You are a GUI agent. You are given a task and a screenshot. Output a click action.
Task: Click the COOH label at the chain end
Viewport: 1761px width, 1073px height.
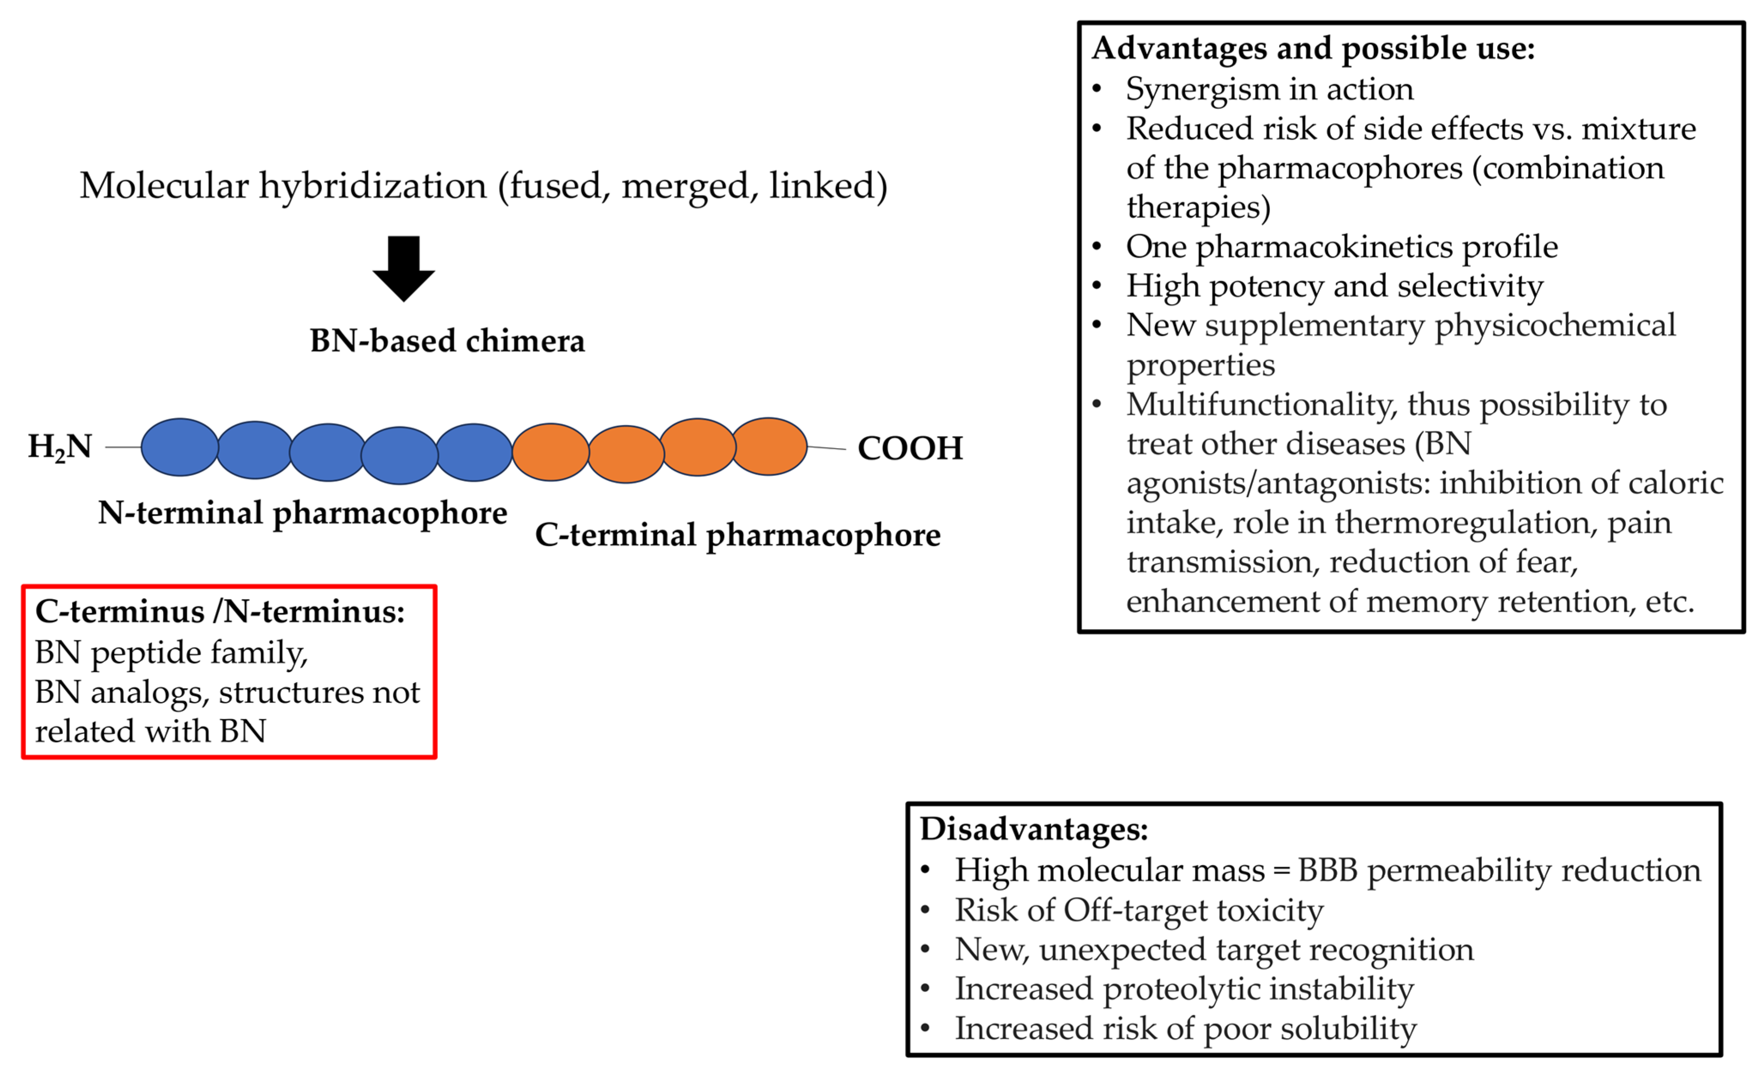[910, 448]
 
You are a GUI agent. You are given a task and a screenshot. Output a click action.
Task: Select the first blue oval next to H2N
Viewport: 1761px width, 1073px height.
[179, 447]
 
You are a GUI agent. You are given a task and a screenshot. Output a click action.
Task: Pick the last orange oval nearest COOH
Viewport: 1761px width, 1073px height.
[769, 446]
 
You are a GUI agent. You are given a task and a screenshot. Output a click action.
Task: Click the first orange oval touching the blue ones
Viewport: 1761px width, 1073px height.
[550, 452]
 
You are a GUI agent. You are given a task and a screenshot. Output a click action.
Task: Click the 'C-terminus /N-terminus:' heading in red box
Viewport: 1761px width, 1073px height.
[220, 612]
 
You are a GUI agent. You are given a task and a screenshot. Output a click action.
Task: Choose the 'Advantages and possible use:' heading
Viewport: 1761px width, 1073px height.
[1313, 48]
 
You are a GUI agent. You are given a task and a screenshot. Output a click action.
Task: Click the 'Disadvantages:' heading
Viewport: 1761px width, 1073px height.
[1034, 829]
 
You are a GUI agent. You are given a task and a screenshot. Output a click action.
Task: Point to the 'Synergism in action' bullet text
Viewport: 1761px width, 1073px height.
[1269, 89]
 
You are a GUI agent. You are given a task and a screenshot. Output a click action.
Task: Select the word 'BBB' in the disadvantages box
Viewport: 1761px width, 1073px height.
[1327, 871]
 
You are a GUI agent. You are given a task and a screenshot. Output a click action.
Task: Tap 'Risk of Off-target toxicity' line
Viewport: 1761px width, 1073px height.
[1139, 910]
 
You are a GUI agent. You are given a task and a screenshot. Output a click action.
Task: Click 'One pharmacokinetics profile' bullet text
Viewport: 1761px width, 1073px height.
[1342, 247]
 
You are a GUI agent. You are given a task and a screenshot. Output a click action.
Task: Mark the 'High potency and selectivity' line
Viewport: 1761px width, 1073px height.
[1334, 286]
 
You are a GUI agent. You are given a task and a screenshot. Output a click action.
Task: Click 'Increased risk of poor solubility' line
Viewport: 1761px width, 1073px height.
[1185, 1029]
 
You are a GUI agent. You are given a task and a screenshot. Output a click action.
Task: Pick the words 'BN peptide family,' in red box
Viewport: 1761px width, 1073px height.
[172, 653]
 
